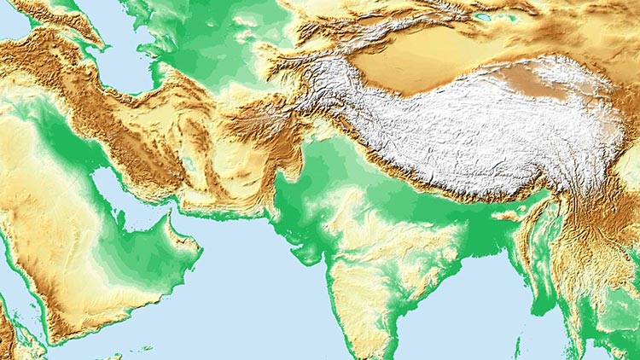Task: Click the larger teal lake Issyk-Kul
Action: [483, 16]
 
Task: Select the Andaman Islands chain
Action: [518, 345]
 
